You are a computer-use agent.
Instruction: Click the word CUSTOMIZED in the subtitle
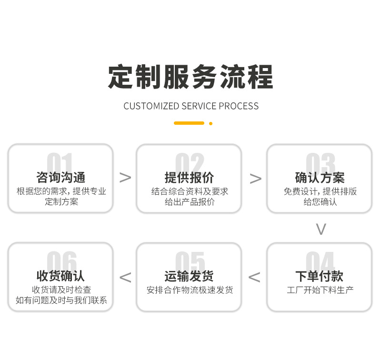(151, 106)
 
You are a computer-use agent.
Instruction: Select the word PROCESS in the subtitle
(239, 106)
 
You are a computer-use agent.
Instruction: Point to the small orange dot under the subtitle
(211, 123)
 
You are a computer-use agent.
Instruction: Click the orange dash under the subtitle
(189, 123)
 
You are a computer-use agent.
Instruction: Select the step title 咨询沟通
(61, 178)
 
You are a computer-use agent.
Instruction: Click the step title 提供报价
(189, 178)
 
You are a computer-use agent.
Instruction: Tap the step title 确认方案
(320, 178)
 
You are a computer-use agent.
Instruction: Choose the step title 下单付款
(320, 276)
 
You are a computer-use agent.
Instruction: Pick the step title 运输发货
(189, 276)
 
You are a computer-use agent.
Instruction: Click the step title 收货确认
(61, 276)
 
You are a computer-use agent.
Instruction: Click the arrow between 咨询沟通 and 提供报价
(125, 178)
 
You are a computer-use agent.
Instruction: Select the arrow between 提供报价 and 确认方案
(255, 179)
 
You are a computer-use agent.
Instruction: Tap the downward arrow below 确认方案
(321, 229)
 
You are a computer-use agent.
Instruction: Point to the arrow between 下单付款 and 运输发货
(254, 277)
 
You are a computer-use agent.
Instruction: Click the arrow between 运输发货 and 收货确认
(125, 277)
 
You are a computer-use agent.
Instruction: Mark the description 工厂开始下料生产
(320, 290)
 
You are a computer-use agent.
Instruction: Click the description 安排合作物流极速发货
(190, 290)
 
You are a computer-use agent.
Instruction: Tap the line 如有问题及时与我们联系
(61, 300)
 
